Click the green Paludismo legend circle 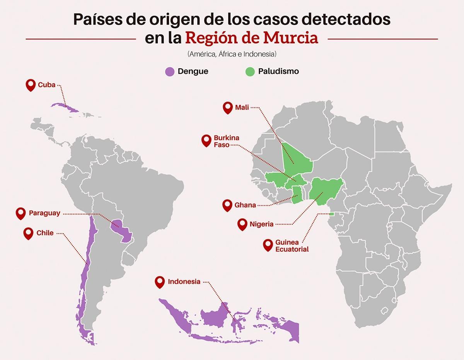pos(250,71)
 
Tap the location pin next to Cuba pos(31,85)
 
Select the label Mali pos(242,107)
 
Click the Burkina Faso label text pos(226,141)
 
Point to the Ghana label pos(245,205)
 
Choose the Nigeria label pos(261,224)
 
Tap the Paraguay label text pos(44,213)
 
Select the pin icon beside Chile pos(28,233)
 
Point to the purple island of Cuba pos(64,107)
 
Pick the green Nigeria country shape pos(327,188)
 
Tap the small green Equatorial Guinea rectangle pos(331,214)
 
